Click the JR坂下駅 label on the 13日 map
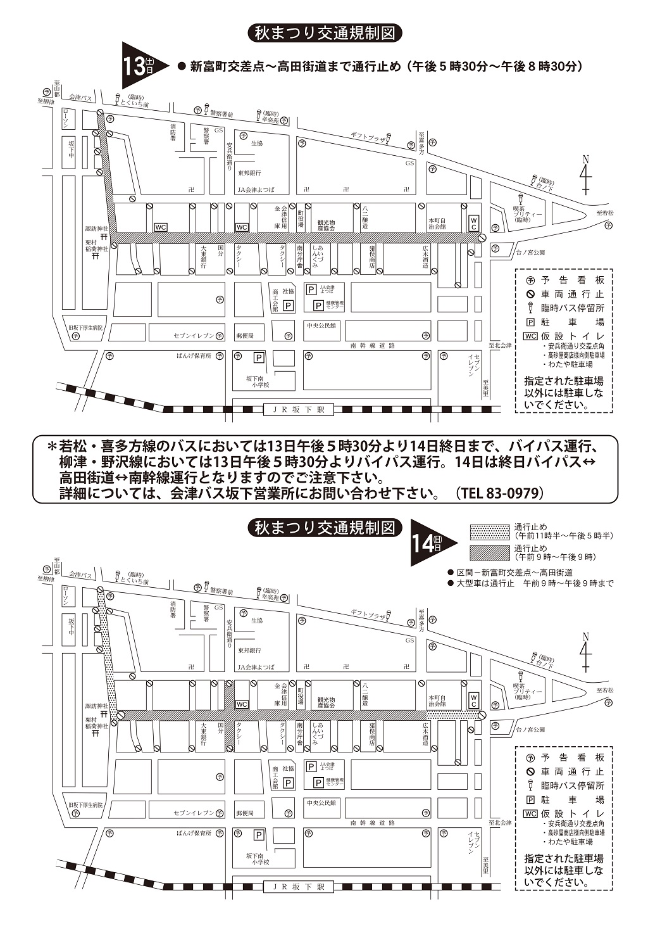coord(298,410)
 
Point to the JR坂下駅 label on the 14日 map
coord(298,887)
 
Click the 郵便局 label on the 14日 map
coord(244,813)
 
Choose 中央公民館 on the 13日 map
coord(321,326)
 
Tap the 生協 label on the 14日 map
coord(256,621)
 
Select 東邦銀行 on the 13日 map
coord(249,173)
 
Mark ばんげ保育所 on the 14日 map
coord(194,833)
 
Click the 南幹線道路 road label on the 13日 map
coord(373,346)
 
